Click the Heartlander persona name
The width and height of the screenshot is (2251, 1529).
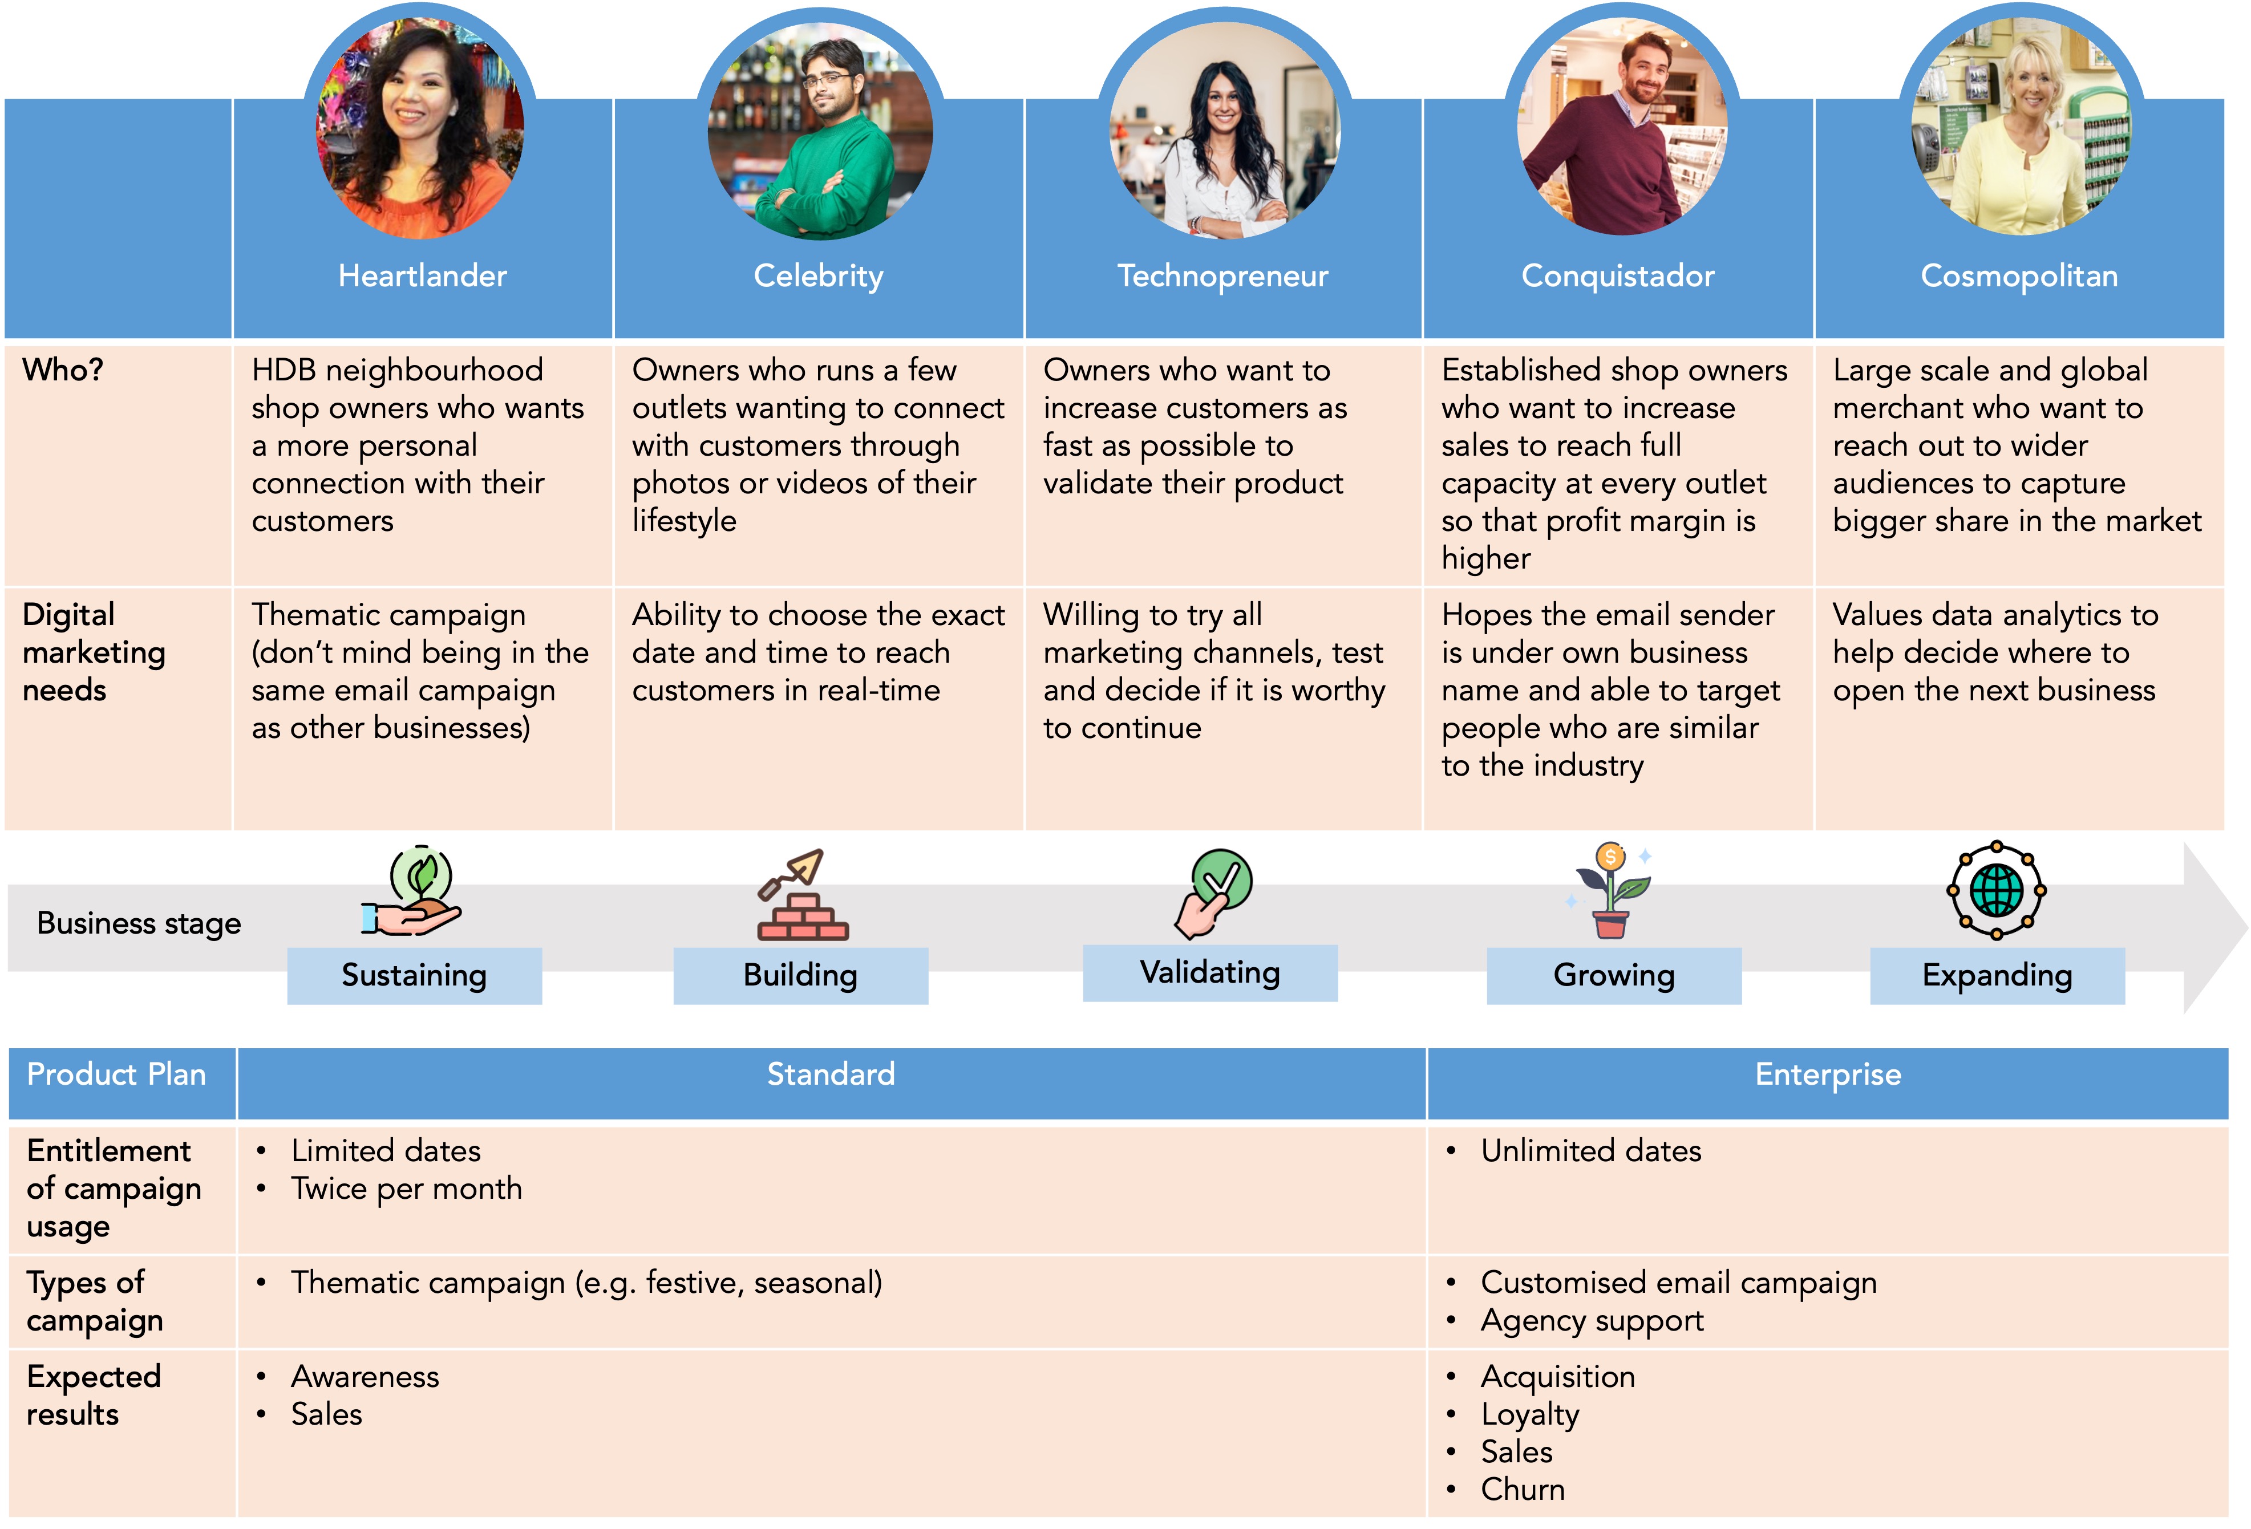tap(422, 276)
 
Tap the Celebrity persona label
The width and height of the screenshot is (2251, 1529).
tap(819, 276)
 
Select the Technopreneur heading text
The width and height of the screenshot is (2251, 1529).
tap(1222, 276)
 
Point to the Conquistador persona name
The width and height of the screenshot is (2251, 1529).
tap(1618, 276)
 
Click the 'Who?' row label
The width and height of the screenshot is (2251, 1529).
tap(63, 370)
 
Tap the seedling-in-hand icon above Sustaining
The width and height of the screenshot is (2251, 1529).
tap(414, 892)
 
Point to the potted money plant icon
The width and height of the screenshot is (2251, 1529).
tap(1611, 891)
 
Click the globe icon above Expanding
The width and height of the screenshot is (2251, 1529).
tap(1996, 890)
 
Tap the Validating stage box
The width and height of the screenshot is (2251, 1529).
tap(1210, 972)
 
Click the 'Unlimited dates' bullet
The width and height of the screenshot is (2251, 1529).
tap(1590, 1151)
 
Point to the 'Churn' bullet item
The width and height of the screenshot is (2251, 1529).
tap(1523, 1489)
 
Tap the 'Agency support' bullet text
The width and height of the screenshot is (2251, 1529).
tap(1592, 1321)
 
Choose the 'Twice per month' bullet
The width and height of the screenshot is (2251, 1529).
tap(407, 1189)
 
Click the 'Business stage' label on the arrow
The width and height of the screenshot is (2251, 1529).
tap(139, 924)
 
